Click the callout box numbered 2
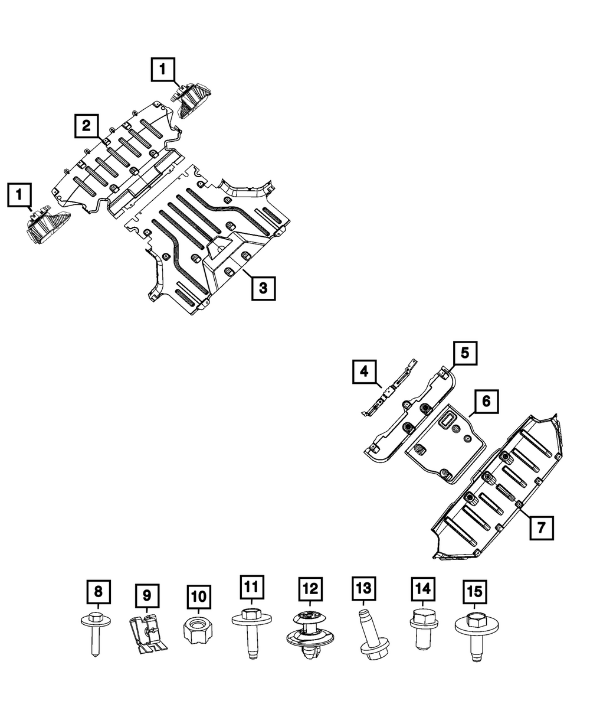point(87,126)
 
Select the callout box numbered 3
point(263,288)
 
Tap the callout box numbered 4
point(364,371)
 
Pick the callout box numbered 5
point(465,353)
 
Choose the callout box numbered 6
point(486,402)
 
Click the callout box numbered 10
point(199,597)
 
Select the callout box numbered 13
point(364,589)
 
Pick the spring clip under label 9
point(148,634)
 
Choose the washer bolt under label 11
point(252,634)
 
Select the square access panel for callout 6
point(445,444)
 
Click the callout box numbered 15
point(475,592)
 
